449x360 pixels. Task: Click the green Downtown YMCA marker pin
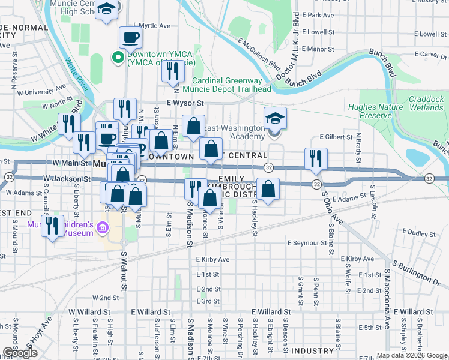[118, 58]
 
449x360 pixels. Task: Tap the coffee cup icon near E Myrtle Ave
[130, 38]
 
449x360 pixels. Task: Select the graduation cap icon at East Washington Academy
[275, 118]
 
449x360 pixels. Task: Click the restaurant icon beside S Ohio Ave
[316, 158]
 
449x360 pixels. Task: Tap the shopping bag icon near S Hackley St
[268, 189]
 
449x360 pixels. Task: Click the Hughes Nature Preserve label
[370, 111]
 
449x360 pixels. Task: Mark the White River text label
[77, 75]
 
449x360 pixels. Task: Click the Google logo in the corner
[20, 353]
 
